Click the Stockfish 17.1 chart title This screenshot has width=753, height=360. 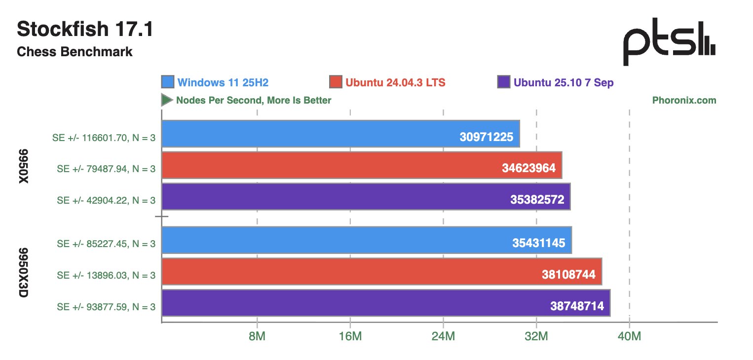pyautogui.click(x=85, y=30)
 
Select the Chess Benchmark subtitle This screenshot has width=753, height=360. pyautogui.click(x=75, y=51)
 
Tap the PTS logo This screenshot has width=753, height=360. pyautogui.click(x=669, y=46)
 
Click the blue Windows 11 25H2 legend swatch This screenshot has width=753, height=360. pyautogui.click(x=168, y=82)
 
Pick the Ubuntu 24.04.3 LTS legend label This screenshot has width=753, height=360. pyautogui.click(x=395, y=82)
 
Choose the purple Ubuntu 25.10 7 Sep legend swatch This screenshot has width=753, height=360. pyautogui.click(x=504, y=82)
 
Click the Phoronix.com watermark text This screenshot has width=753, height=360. pyautogui.click(x=684, y=100)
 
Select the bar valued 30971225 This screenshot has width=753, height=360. pyautogui.click(x=340, y=134)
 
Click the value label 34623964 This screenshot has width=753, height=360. pyautogui.click(x=529, y=168)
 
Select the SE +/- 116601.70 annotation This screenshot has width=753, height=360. pyautogui.click(x=104, y=138)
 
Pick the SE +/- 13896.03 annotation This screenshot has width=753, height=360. pyautogui.click(x=106, y=275)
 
